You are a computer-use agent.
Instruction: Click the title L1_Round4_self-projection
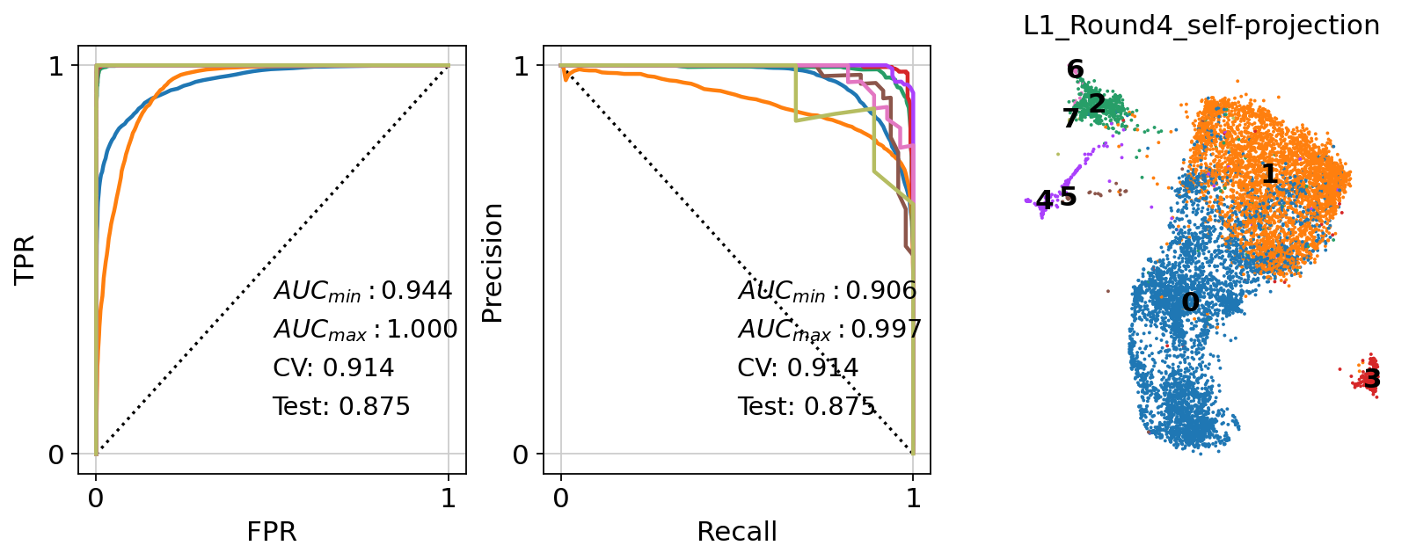1201,25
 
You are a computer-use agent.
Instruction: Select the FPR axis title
271,532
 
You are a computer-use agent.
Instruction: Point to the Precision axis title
493,263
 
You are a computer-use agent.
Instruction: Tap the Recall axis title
736,532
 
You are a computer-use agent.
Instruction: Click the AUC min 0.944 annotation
362,291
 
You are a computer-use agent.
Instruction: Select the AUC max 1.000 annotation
365,330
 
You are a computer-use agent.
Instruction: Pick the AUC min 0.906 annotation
827,291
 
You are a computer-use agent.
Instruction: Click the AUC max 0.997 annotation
829,330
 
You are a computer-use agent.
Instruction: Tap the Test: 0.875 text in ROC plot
341,406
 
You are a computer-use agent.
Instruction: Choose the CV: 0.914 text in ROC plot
333,367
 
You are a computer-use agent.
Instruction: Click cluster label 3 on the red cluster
1372,380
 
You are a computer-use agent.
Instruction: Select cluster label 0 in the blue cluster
1190,302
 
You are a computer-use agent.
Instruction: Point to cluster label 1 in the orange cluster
1268,174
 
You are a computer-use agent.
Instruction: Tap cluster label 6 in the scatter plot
1075,69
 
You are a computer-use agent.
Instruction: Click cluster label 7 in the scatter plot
1070,119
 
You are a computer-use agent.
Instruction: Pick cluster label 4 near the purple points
1043,201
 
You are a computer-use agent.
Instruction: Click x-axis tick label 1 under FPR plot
449,499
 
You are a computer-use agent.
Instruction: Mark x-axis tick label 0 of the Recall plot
561,499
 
